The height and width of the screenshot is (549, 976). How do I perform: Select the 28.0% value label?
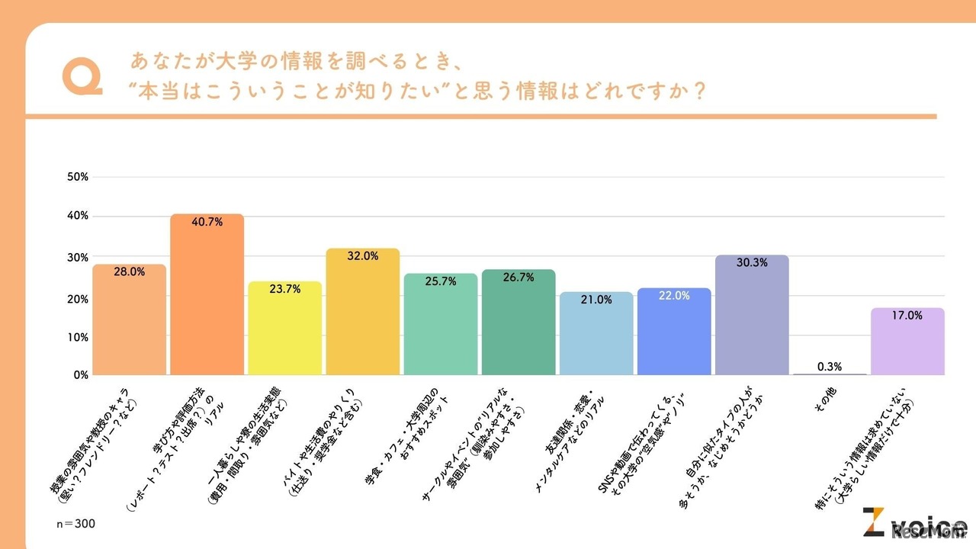click(x=129, y=271)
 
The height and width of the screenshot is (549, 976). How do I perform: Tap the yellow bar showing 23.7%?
click(x=284, y=328)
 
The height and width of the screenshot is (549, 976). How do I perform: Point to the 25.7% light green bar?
click(x=440, y=324)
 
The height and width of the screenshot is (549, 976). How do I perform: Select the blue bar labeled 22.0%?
click(x=673, y=331)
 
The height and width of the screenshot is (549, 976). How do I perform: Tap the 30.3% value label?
click(x=751, y=262)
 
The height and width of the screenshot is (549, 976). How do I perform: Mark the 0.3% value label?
click(x=829, y=367)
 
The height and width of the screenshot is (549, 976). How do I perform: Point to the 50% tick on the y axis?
click(x=79, y=177)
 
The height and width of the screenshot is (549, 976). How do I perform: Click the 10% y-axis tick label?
click(x=79, y=336)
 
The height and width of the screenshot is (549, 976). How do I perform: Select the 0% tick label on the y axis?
click(x=81, y=375)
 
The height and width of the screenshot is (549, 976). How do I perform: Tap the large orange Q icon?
click(x=82, y=76)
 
